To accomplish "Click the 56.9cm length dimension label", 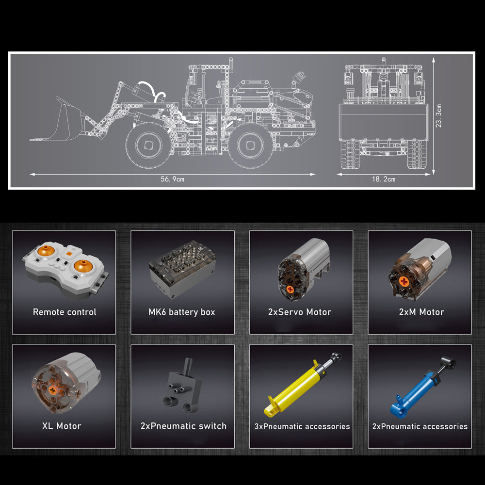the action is pyautogui.click(x=172, y=179).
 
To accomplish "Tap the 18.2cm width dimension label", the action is pyautogui.click(x=384, y=179).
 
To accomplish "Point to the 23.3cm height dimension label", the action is pyautogui.click(x=438, y=116).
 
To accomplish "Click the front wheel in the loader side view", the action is pyautogui.click(x=149, y=145).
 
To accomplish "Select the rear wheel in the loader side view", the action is pyautogui.click(x=251, y=145).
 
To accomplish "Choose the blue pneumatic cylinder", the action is pyautogui.click(x=422, y=388).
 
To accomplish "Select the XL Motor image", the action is pyautogui.click(x=66, y=383).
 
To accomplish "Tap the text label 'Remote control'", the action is pyautogui.click(x=65, y=312).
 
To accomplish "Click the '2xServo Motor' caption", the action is pyautogui.click(x=299, y=312).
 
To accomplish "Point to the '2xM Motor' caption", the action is pyautogui.click(x=421, y=312).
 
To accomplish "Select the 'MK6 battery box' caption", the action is pyautogui.click(x=182, y=312).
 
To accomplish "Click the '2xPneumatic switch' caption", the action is pyautogui.click(x=183, y=426).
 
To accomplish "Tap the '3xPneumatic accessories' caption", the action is pyautogui.click(x=302, y=426).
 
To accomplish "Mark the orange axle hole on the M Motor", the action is pyautogui.click(x=404, y=281).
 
